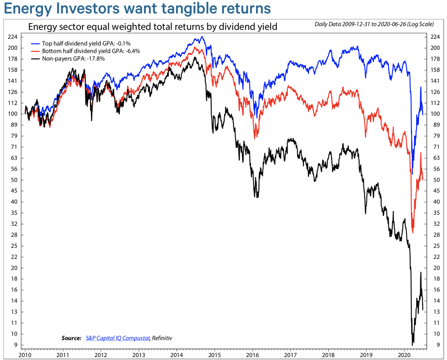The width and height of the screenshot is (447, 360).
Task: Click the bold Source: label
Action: click(x=71, y=338)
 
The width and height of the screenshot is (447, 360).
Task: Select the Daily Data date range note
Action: click(x=374, y=25)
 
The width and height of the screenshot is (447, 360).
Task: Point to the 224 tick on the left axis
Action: click(x=13, y=37)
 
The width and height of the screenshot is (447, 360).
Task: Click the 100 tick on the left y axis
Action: click(x=13, y=114)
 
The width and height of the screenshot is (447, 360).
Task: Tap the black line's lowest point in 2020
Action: click(x=412, y=345)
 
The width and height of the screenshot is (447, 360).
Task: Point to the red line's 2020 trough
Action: click(x=413, y=232)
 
